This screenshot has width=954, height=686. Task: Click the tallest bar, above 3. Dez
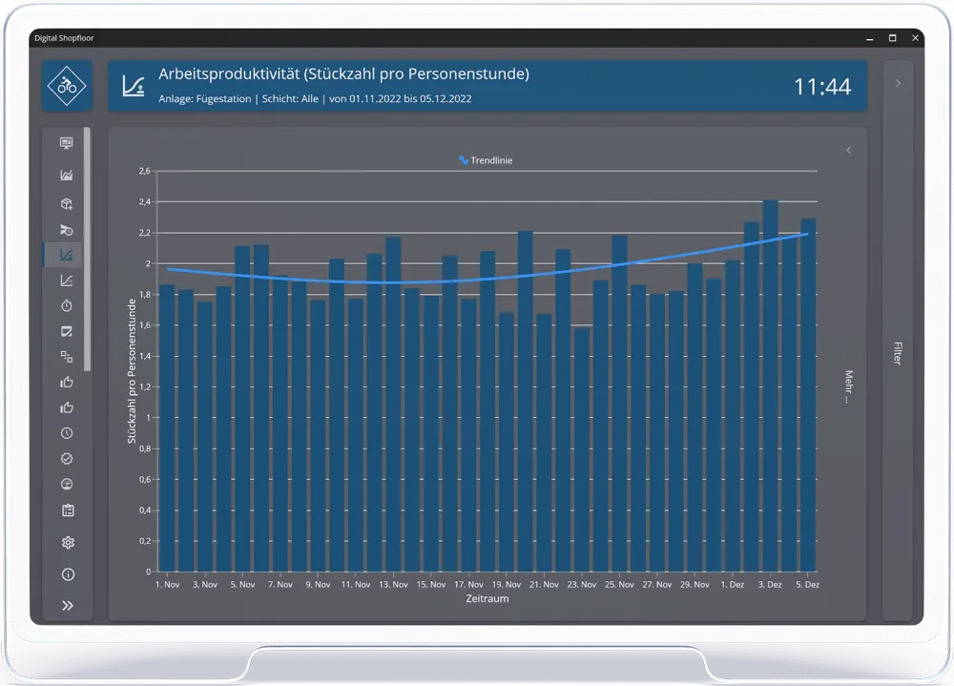[x=770, y=385]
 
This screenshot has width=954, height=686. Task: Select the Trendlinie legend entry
[x=486, y=160]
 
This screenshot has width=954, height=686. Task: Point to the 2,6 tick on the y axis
[x=145, y=171]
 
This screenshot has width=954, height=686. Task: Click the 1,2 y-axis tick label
[x=145, y=387]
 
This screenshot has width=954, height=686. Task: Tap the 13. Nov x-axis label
[x=393, y=584]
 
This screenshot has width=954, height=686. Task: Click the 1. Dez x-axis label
[x=732, y=584]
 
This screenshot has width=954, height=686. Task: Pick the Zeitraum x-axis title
[x=487, y=598]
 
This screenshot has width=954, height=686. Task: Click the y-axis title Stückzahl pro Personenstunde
[x=132, y=371]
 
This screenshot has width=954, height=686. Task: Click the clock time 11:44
[x=822, y=87]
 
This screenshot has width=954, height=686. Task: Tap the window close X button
[x=915, y=38]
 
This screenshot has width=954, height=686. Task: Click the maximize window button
[x=893, y=38]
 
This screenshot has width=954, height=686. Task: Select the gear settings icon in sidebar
[x=68, y=542]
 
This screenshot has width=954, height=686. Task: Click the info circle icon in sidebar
[x=68, y=574]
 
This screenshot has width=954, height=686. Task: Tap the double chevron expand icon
[x=68, y=605]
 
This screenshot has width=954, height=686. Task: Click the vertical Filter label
[x=898, y=353]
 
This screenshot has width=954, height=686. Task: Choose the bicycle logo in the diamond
[x=67, y=86]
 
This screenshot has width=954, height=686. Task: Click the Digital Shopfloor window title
[x=64, y=38]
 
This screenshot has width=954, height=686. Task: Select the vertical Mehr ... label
[x=849, y=386]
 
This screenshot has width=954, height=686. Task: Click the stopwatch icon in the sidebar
[x=67, y=305]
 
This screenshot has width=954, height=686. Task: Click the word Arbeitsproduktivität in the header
[x=229, y=73]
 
